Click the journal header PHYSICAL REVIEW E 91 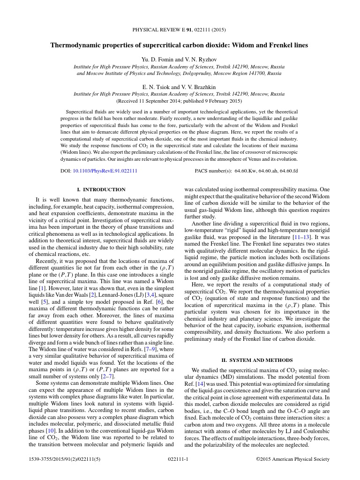pyautogui.click(x=179, y=30)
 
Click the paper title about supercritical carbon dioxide pyautogui.click(x=180, y=45)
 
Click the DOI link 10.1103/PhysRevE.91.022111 pyautogui.click(x=105, y=171)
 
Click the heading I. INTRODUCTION pyautogui.click(x=101, y=189)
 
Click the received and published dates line pyautogui.click(x=179, y=101)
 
